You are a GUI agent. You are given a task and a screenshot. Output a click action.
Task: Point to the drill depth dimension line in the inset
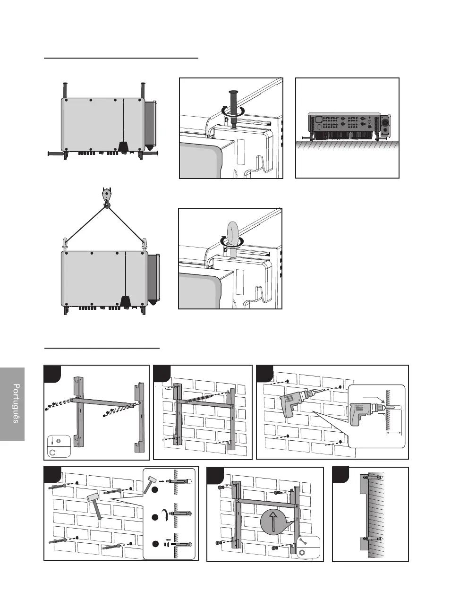394,432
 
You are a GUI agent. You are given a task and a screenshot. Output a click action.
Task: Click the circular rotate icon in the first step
53,452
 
